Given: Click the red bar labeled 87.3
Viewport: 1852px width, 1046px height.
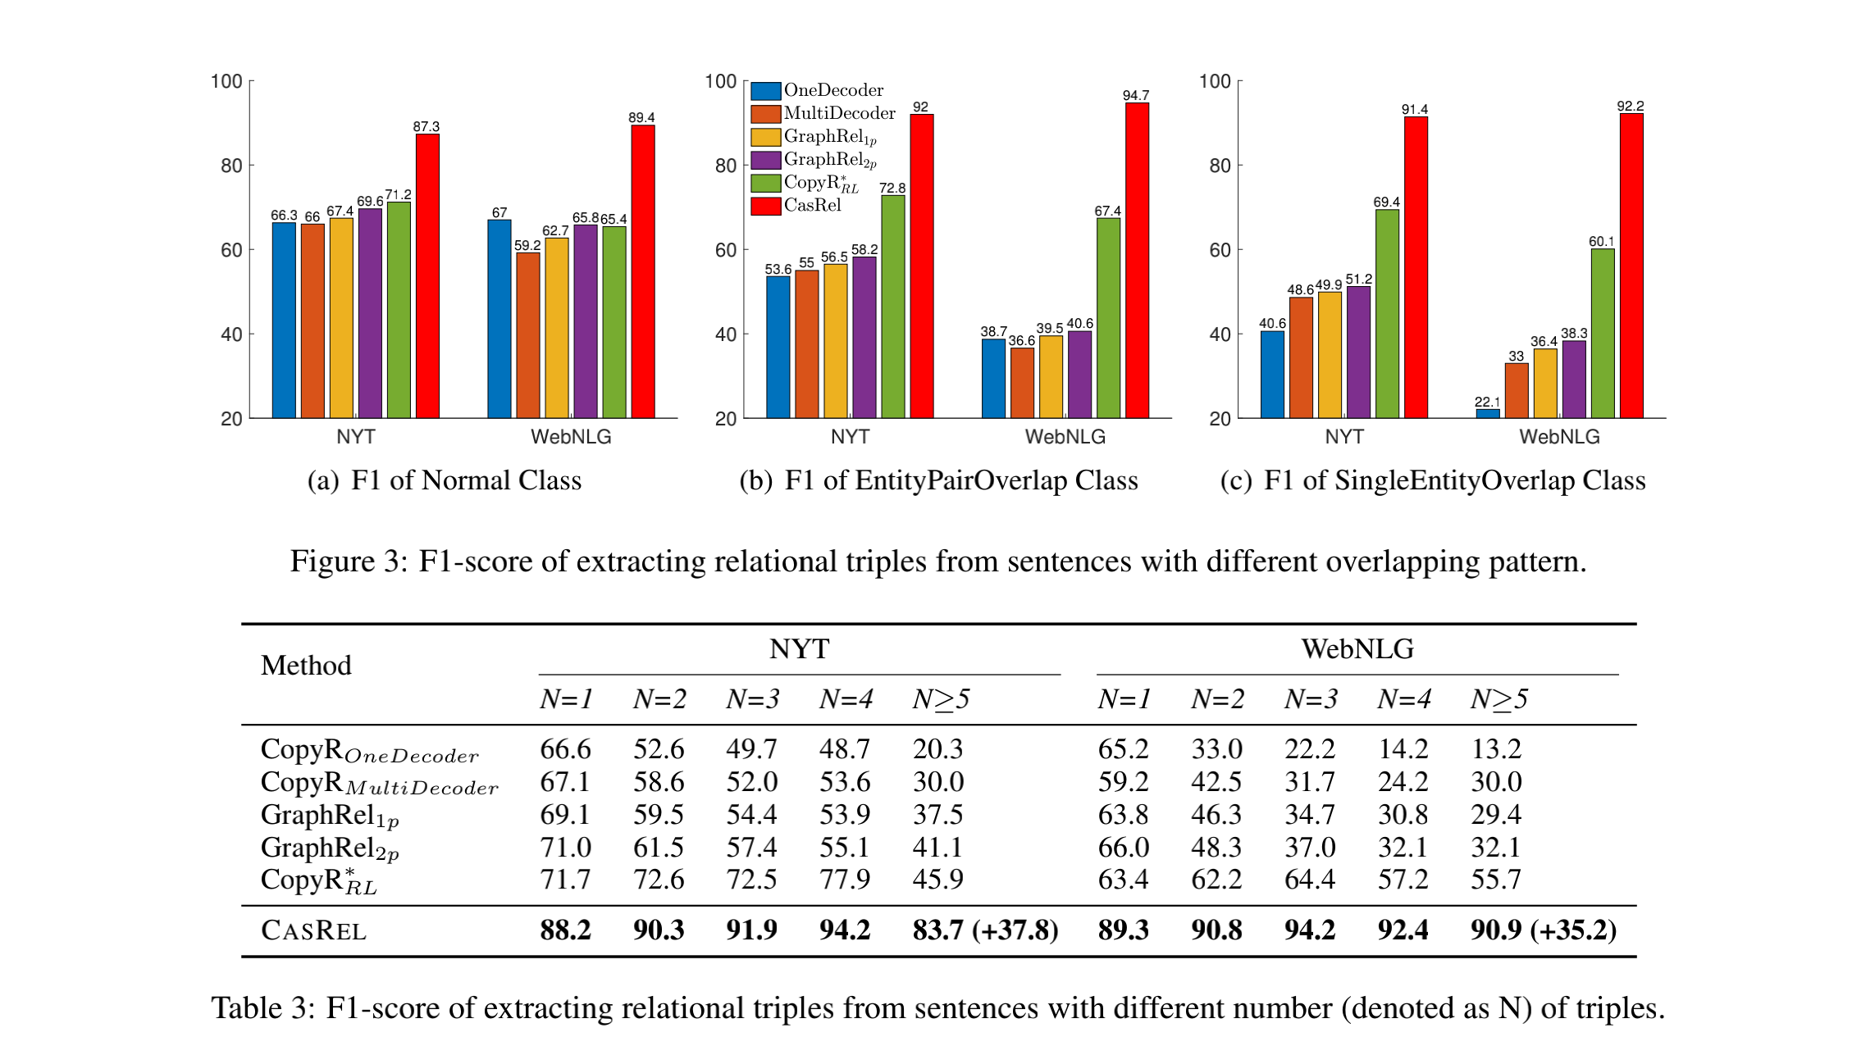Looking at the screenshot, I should pos(427,276).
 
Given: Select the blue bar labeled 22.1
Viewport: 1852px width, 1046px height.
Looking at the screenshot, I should pos(1487,413).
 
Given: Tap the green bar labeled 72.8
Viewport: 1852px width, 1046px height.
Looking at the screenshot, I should pos(892,307).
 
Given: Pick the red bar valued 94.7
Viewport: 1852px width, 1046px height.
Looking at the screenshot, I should pos(1137,261).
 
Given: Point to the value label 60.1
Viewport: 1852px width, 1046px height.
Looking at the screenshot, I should pos(1601,241).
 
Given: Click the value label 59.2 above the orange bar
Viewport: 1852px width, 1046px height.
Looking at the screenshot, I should pos(527,245).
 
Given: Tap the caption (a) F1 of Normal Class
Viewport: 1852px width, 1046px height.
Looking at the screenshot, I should pos(444,480).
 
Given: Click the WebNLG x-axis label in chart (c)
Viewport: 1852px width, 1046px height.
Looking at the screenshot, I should pos(1558,437).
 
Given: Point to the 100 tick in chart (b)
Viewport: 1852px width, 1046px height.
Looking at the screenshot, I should pos(720,81).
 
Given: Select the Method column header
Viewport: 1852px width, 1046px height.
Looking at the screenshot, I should pos(306,665).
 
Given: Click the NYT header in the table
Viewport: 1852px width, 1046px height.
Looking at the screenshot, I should pos(799,649).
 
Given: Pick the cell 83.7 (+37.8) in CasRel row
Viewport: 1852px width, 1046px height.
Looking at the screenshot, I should pos(985,930).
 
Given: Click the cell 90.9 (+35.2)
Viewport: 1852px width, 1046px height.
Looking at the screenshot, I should pos(1543,930).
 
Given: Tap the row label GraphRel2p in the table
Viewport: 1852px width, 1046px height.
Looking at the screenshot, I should pos(330,848).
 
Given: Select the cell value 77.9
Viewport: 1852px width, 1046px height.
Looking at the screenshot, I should pos(844,880).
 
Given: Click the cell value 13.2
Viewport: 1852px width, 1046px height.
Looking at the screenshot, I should pos(1495,748).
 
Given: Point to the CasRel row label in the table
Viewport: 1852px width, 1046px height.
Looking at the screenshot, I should pos(313,930).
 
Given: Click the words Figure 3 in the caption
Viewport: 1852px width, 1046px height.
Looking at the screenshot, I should pos(344,562).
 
